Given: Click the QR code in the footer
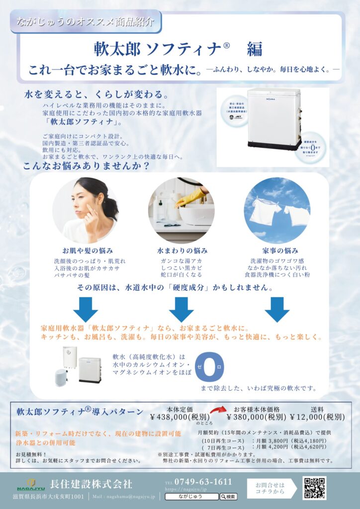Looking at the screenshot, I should click(x=314, y=488).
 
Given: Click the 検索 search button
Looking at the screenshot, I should click(x=228, y=497).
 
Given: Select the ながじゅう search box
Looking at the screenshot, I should click(x=191, y=497).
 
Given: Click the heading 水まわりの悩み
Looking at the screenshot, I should click(x=182, y=250).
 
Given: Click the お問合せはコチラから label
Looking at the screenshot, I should click(x=270, y=488).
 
